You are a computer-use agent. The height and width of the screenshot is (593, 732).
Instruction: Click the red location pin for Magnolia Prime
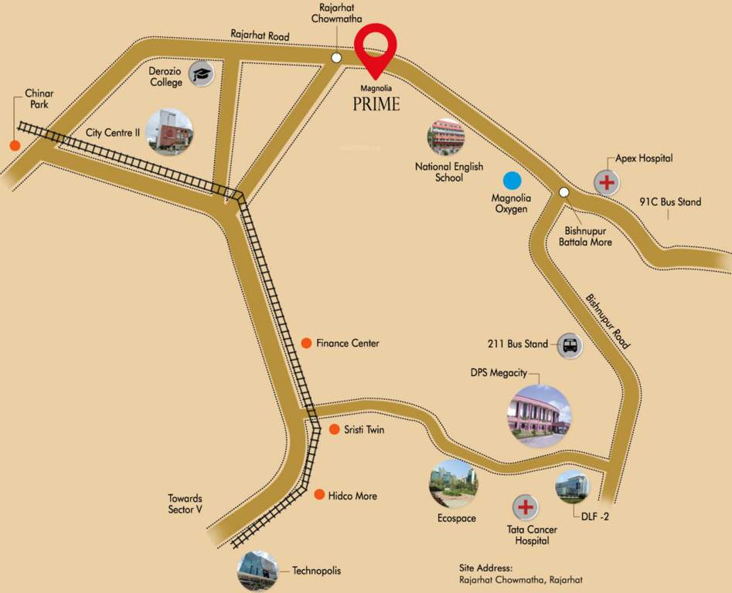click(375, 46)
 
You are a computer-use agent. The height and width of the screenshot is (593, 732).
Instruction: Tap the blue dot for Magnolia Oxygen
click(512, 181)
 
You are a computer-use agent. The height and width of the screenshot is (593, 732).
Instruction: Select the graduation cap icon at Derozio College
click(202, 74)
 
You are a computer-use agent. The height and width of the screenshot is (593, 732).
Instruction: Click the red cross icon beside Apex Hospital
click(607, 183)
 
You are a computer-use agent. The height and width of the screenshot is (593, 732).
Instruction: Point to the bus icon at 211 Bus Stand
click(570, 345)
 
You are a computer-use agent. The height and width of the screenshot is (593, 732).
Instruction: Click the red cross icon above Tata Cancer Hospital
click(526, 508)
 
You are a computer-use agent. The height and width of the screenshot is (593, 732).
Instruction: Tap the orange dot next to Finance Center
click(307, 343)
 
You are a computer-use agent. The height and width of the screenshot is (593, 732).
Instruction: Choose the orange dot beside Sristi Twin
click(335, 429)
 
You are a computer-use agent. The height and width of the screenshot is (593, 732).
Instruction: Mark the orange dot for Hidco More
click(319, 494)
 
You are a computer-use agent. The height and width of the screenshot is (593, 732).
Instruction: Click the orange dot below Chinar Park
click(14, 145)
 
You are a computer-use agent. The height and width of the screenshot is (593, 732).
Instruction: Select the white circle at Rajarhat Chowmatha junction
click(336, 58)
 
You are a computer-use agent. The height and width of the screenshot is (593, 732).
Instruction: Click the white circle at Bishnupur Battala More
click(564, 192)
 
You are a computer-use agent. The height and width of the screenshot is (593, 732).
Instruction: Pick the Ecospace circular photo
click(453, 483)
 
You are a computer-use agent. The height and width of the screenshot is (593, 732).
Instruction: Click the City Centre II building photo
click(169, 131)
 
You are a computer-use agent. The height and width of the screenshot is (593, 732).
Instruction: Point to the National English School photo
click(446, 137)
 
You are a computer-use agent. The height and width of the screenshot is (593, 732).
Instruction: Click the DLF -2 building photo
click(572, 486)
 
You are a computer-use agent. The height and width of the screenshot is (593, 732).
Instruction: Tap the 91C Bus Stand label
click(670, 202)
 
